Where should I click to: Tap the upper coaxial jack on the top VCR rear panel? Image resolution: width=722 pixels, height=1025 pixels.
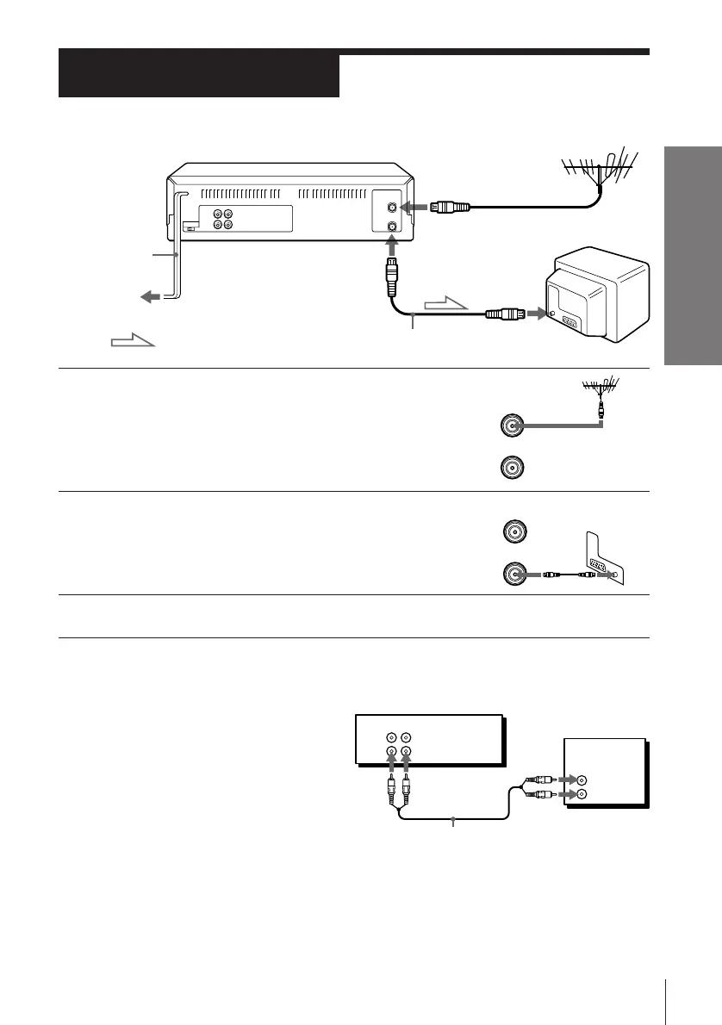tap(393, 207)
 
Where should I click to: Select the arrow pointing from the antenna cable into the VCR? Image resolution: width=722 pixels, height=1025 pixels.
tap(418, 208)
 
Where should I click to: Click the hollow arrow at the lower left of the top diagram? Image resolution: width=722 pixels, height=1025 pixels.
tap(132, 344)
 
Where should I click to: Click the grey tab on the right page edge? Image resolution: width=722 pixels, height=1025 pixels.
tap(693, 255)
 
